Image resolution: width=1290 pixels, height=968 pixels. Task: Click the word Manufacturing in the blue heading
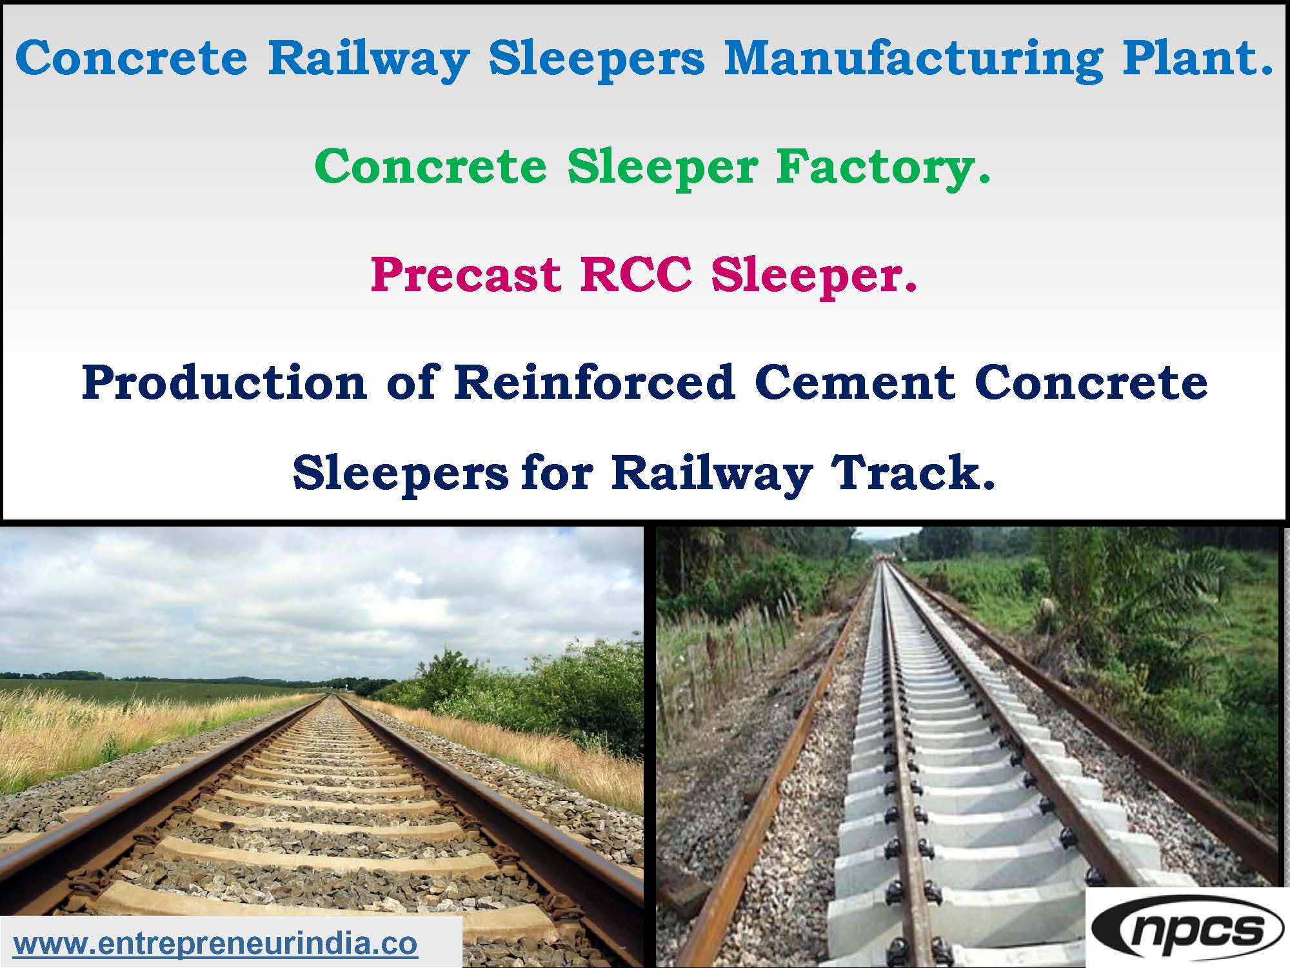pyautogui.click(x=913, y=60)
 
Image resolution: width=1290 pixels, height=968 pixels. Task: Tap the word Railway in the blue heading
pyautogui.click(x=368, y=60)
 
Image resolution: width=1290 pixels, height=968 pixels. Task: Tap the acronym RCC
pyautogui.click(x=636, y=274)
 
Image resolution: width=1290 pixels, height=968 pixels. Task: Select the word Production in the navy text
pyautogui.click(x=224, y=383)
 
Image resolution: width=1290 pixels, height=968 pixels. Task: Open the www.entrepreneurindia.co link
pyautogui.click(x=215, y=944)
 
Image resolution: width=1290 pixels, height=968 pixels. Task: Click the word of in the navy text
pyautogui.click(x=410, y=383)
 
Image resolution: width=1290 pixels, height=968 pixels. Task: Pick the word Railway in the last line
pyautogui.click(x=712, y=475)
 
